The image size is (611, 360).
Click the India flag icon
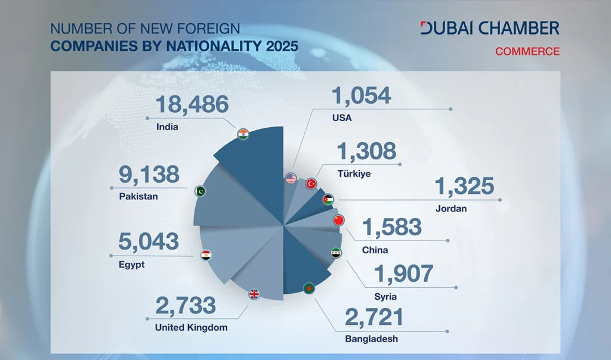pyautogui.click(x=243, y=134)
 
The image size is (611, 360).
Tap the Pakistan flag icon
pyautogui.click(x=201, y=192)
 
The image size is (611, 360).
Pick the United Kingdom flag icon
pyautogui.click(x=254, y=294)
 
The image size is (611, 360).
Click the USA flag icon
pyautogui.click(x=291, y=178)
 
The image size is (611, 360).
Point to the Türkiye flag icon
pyautogui.click(x=311, y=184)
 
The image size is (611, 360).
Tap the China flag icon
pyautogui.click(x=339, y=220)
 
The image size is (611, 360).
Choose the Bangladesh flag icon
pyautogui.click(x=308, y=287)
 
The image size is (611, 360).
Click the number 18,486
pyautogui.click(x=192, y=104)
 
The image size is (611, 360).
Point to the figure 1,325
pyautogui.click(x=464, y=186)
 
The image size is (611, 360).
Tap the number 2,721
pyautogui.click(x=374, y=317)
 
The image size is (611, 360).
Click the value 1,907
pyautogui.click(x=403, y=274)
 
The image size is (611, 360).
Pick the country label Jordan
pyautogui.click(x=451, y=209)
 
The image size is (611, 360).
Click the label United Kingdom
pyautogui.click(x=191, y=327)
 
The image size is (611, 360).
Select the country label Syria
pyautogui.click(x=385, y=296)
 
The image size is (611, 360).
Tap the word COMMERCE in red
pyautogui.click(x=527, y=51)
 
